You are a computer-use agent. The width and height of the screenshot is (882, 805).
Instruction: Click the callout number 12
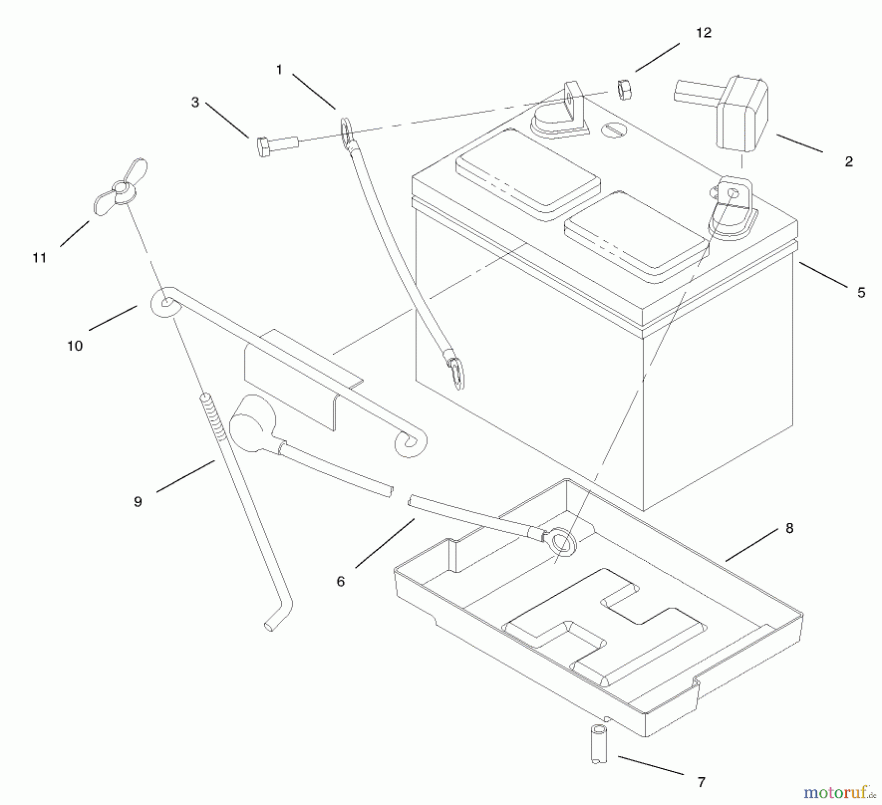pos(703,33)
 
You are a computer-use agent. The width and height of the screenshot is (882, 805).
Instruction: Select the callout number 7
pos(701,782)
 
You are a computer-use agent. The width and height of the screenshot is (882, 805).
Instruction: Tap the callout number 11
pos(40,258)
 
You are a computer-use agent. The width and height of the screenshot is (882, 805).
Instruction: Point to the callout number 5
pos(861,293)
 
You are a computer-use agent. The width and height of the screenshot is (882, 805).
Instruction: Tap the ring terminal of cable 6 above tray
pos(562,543)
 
